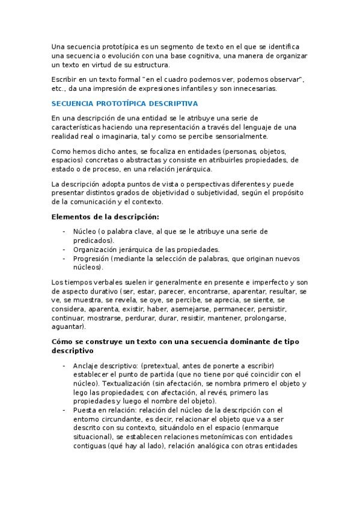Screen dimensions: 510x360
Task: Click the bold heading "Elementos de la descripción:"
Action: click(105, 217)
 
